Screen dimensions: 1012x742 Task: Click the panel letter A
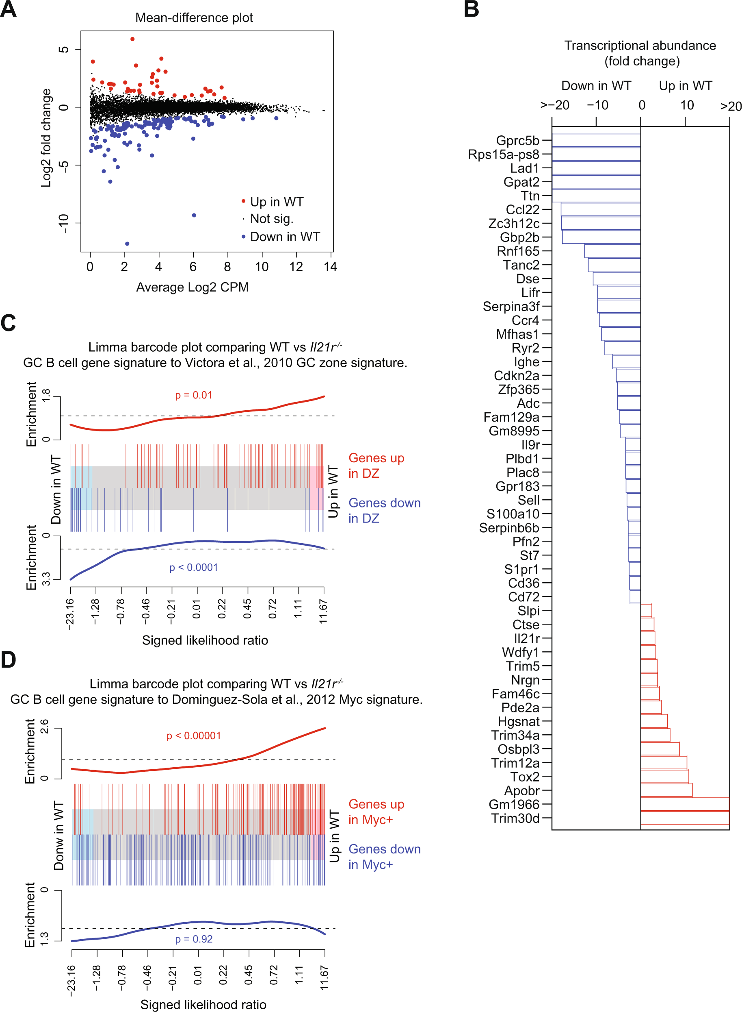point(8,9)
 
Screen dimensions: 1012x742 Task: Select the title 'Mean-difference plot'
point(194,17)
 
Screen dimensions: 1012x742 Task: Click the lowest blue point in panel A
point(127,244)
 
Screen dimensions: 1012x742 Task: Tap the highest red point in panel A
point(132,39)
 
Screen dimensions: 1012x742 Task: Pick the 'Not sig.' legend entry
point(271,219)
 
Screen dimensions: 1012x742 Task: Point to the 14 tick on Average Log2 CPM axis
point(330,267)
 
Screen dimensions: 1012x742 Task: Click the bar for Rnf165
point(612,251)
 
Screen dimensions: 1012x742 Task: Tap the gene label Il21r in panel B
point(526,638)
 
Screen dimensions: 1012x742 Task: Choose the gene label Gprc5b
point(517,140)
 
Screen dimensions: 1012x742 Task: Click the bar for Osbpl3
point(660,749)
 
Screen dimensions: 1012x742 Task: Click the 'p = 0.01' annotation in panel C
point(194,395)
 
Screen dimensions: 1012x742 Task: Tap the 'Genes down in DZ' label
point(385,510)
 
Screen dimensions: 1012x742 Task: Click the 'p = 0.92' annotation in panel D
point(194,939)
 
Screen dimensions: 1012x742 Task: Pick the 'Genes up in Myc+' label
point(376,812)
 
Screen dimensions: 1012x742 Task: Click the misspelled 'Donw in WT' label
point(59,835)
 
